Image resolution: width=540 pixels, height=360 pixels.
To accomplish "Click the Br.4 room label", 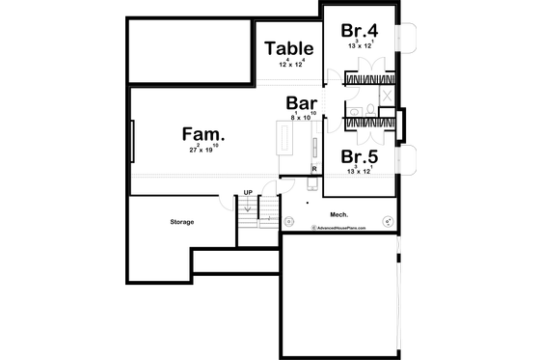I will (359, 29).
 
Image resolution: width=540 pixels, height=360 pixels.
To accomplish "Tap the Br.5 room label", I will (359, 155).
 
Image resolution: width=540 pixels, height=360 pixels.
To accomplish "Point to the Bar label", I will (304, 102).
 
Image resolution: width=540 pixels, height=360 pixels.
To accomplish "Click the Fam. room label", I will (203, 134).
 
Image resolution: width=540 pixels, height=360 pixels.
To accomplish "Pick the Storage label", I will (182, 222).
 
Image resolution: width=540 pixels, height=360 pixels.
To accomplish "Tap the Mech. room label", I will (337, 214).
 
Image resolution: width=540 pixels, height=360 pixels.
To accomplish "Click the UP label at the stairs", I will (248, 192).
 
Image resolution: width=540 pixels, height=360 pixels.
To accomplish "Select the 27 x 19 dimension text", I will (203, 150).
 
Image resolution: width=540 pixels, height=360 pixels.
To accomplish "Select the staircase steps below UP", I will (248, 217).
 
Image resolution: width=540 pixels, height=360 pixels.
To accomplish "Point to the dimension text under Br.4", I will (359, 44).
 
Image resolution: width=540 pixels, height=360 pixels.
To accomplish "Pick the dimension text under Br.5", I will (359, 171).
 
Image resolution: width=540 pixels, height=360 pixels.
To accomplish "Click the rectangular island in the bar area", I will (284, 141).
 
